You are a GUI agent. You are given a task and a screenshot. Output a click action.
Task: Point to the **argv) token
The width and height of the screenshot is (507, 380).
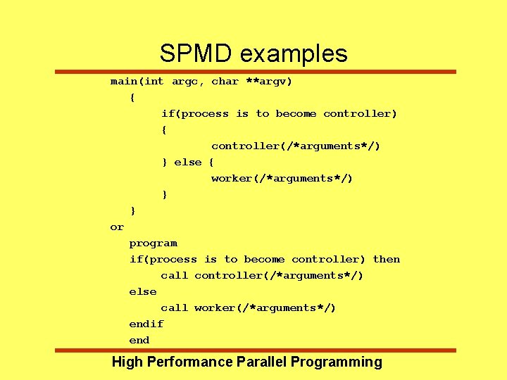269,82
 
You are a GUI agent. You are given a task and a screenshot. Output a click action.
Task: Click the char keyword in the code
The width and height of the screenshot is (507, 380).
225,82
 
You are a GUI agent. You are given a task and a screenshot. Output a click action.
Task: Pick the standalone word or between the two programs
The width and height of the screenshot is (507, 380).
117,227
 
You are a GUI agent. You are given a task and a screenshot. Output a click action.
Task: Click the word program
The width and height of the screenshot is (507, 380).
153,243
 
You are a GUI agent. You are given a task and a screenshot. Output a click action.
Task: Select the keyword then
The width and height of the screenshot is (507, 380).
386,259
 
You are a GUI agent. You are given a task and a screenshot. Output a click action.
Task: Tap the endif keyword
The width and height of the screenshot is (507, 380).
146,324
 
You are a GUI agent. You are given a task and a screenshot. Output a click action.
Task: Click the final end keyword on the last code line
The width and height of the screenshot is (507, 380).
139,340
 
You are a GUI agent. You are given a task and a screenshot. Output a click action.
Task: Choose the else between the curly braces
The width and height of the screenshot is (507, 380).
188,162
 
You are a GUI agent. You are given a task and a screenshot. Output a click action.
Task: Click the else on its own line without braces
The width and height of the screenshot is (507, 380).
142,291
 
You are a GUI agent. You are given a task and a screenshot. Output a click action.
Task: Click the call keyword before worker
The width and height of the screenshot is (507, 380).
174,308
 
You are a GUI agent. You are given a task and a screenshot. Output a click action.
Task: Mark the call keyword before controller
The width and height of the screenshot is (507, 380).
174,275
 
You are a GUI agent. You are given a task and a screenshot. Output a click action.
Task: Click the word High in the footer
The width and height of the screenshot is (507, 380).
127,362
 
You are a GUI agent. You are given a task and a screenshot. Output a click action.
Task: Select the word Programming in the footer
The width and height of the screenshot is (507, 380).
336,362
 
